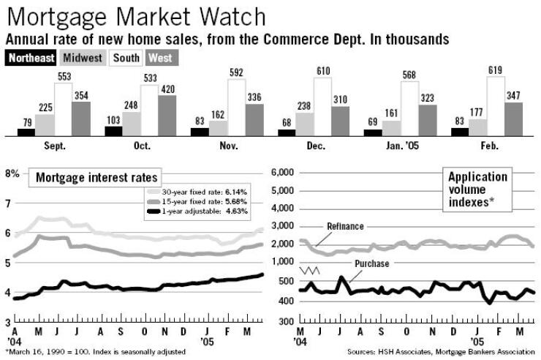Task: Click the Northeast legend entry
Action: coord(29,57)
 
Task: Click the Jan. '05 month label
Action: coord(401,146)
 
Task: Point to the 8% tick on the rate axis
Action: coord(12,173)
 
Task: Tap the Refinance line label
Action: coord(346,227)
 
